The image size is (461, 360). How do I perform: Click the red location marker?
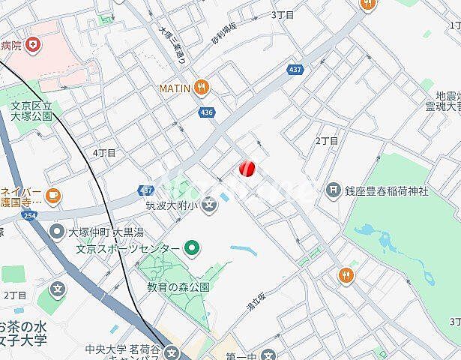pos(247,169)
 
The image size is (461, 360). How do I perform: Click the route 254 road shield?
pos(28,215)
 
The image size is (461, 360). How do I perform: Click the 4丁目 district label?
pos(104,152)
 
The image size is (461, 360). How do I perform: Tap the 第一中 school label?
pos(241,355)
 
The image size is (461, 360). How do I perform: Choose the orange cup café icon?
pos(52,196)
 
